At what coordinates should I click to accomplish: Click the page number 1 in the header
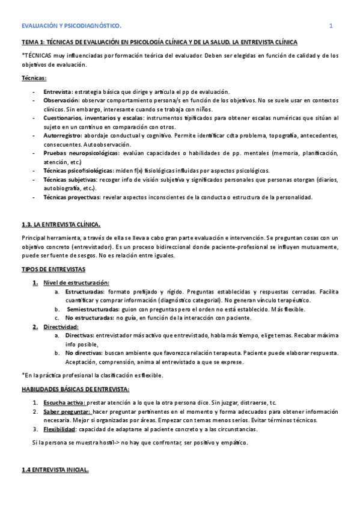pyautogui.click(x=330, y=26)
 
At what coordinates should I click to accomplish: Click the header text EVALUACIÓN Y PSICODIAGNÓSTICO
pyautogui.click(x=72, y=26)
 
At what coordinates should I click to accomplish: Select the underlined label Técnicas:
pyautogui.click(x=34, y=78)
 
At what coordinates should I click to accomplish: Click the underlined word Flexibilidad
pyautogui.click(x=59, y=429)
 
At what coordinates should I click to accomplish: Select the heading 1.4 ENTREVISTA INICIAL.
pyautogui.click(x=55, y=471)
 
